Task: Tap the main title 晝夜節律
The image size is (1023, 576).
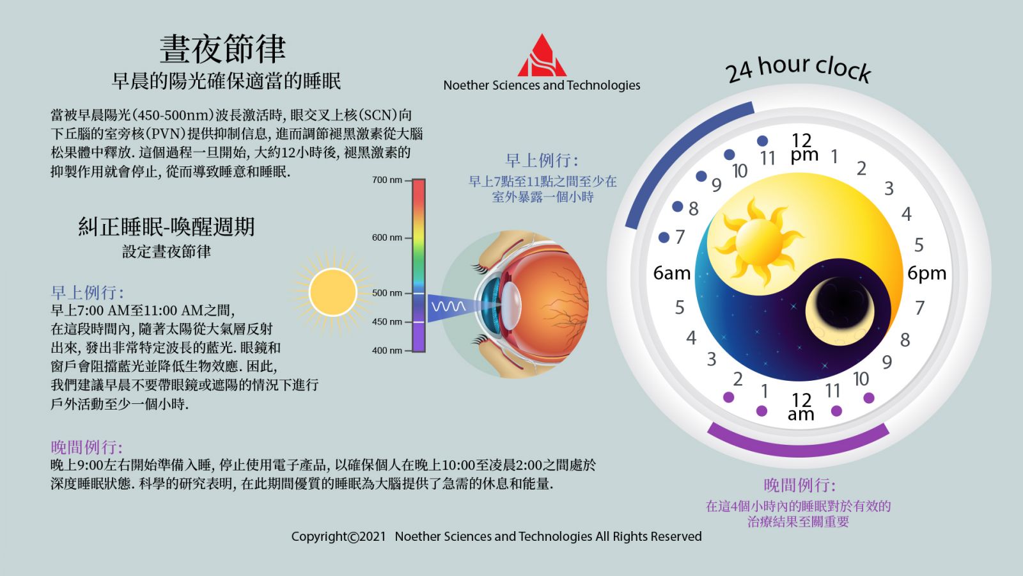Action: coord(223,49)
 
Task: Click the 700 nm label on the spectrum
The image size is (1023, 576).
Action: coord(387,180)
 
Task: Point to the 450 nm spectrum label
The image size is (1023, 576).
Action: coord(387,321)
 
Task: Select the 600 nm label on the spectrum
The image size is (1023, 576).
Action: coord(387,237)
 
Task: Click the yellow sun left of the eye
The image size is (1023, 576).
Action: coord(332,292)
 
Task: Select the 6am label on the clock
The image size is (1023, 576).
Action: coord(671,273)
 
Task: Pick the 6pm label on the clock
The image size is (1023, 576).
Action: coord(926,273)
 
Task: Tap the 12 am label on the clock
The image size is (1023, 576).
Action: coord(801,407)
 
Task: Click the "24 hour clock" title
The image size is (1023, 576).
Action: coord(799,68)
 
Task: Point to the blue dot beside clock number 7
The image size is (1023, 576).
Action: coord(664,237)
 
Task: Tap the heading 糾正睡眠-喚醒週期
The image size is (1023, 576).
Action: coord(166,227)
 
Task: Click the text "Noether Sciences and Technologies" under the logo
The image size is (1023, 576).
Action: coord(542,85)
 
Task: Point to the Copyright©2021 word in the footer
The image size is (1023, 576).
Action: coord(338,536)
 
